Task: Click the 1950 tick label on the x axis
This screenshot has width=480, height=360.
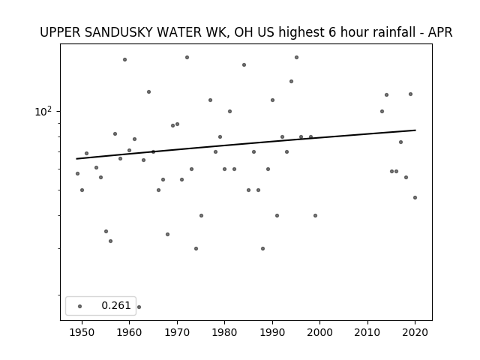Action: [x=82, y=332]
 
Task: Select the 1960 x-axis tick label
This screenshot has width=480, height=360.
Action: [x=129, y=332]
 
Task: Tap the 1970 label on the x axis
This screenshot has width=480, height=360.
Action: [x=177, y=332]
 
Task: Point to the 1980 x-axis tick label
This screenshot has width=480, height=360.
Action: [x=224, y=332]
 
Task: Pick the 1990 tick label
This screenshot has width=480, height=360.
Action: [x=272, y=332]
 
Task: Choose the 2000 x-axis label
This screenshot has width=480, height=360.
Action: [x=320, y=332]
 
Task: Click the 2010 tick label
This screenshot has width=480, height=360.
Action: [x=367, y=332]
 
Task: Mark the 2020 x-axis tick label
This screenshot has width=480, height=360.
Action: [x=415, y=332]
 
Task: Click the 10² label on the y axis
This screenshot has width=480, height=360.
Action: [x=43, y=112]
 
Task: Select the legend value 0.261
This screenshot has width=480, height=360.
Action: [x=116, y=305]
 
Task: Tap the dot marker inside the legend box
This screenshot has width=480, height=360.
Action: [x=80, y=306]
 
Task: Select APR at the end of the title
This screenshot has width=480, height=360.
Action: [x=440, y=32]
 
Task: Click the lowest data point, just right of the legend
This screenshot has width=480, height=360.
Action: [x=139, y=307]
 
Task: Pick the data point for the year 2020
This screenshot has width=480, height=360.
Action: [x=415, y=198]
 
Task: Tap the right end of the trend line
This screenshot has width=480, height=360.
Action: [x=415, y=130]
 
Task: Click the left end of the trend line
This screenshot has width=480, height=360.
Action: [x=76, y=158]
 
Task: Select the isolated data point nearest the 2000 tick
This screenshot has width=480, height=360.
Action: [x=315, y=216]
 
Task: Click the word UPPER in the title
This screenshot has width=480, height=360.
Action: [x=60, y=32]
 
